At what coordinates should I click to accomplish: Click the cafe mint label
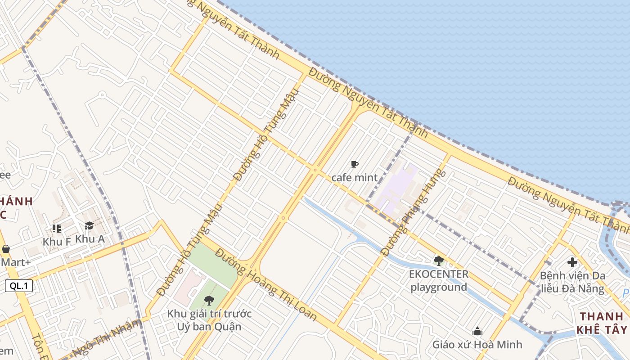[355, 177]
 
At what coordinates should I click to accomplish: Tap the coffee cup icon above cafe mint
[355, 165]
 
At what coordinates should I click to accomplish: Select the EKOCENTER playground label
[439, 280]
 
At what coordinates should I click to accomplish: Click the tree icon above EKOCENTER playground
[439, 261]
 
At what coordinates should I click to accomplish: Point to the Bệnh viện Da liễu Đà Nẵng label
[572, 282]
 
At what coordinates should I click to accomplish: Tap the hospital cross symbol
[572, 262]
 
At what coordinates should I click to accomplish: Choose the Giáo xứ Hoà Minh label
[477, 344]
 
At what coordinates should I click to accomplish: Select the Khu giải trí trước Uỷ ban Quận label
[209, 319]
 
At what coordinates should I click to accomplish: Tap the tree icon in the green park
[209, 300]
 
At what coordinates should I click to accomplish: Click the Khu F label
[57, 241]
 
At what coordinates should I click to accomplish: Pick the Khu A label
[90, 238]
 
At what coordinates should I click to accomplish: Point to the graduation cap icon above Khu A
[89, 226]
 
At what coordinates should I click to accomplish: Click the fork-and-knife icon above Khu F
[56, 229]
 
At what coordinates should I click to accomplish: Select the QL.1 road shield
[19, 285]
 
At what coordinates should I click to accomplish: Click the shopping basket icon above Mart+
[6, 249]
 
